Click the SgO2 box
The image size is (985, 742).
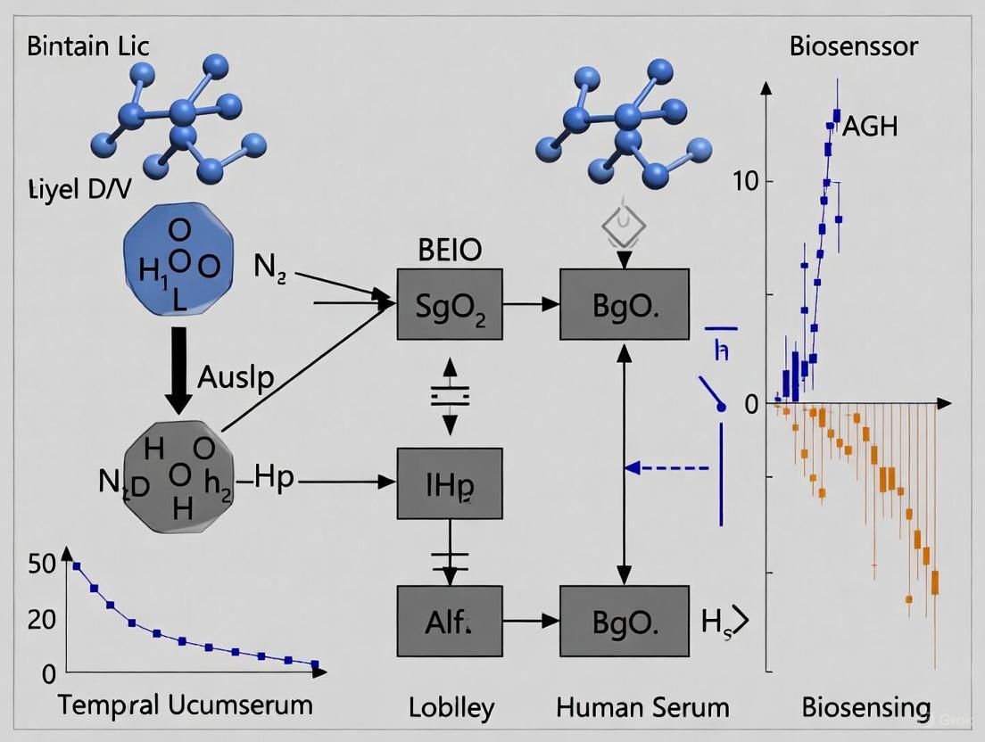click(450, 304)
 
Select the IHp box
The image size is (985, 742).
click(450, 482)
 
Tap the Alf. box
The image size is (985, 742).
click(450, 622)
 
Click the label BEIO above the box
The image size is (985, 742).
click(450, 251)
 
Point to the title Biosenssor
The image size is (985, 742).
click(854, 46)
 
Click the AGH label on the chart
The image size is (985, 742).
click(870, 126)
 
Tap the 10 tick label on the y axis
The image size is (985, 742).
click(744, 182)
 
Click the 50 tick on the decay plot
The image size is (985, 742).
click(43, 563)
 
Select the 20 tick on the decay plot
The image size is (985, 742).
click(43, 619)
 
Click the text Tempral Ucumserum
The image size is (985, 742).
click(186, 705)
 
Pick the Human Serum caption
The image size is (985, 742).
click(642, 708)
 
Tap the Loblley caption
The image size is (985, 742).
click(451, 708)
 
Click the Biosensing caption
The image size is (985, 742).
click(865, 708)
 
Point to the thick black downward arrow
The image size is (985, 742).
click(179, 368)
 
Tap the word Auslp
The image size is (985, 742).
click(236, 377)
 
